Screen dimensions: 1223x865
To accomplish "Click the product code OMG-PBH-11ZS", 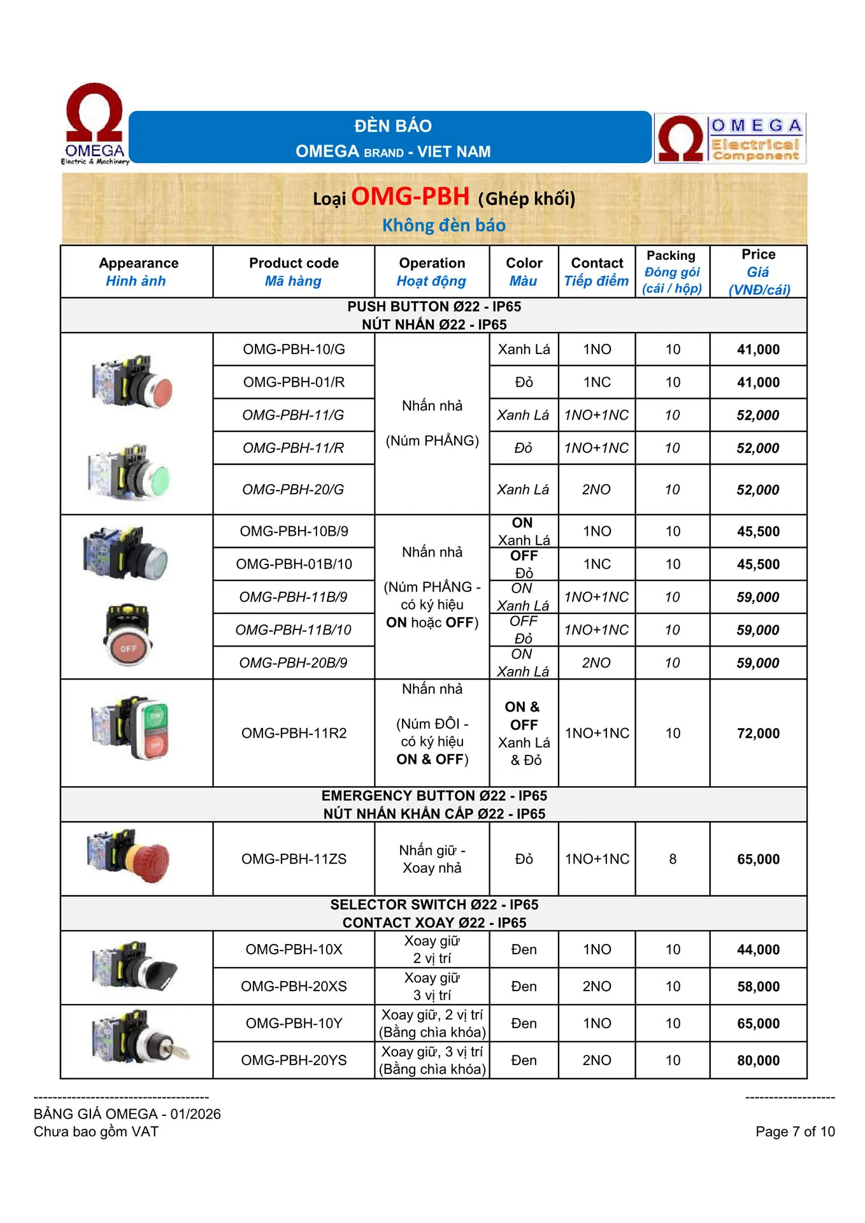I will (294, 859).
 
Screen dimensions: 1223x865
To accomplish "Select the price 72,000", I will (758, 733).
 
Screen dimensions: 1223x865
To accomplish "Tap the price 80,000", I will (758, 1060).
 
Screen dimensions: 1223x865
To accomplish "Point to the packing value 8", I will (673, 859).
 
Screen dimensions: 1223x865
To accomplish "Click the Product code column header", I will (294, 271).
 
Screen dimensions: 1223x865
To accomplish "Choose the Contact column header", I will (597, 271).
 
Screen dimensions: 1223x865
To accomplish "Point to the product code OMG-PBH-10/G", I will (294, 349).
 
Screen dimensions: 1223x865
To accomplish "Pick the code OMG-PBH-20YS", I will (294, 1060).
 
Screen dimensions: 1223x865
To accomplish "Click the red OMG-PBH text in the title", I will (410, 196).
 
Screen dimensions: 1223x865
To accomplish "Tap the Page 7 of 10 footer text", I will (795, 1131).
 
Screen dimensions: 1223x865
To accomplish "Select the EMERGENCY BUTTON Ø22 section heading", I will (434, 796).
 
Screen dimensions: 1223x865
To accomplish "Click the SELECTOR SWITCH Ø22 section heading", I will (434, 905).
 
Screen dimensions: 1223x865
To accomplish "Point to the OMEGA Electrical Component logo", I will (730, 138).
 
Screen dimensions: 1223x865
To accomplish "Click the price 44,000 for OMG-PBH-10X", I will (758, 949).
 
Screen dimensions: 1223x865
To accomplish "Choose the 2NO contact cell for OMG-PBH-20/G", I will (596, 489).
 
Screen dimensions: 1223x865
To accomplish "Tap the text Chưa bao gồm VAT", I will (96, 1131).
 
